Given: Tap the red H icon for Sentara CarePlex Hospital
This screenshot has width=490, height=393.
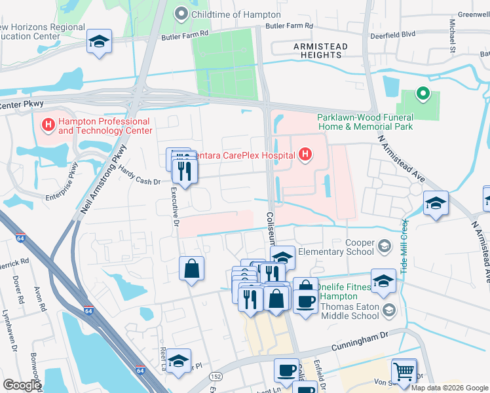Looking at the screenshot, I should (x=305, y=155).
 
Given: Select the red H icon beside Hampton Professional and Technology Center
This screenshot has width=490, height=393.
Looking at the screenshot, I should (x=48, y=124).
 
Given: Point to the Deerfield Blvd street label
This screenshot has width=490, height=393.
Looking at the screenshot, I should (x=393, y=35).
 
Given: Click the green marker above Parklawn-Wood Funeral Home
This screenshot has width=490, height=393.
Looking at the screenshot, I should (x=423, y=94).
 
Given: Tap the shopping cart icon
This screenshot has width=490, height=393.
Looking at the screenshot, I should (x=404, y=371).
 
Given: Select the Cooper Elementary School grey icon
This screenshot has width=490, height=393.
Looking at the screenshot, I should (x=385, y=247).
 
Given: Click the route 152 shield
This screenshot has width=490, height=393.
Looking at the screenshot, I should (x=215, y=377).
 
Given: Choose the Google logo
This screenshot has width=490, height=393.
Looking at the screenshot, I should (x=22, y=384).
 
